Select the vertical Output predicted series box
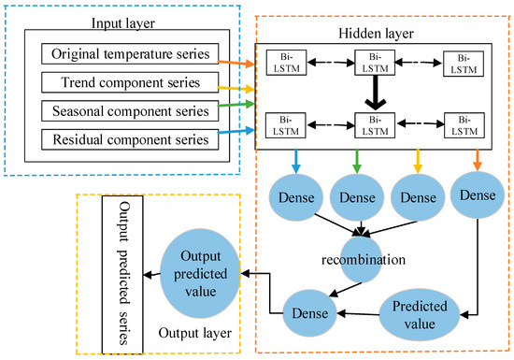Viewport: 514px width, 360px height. point(120,272)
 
